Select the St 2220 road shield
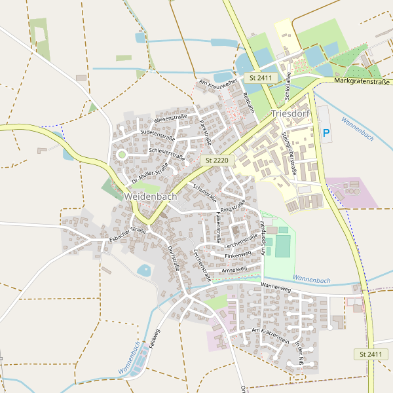coord(215,160)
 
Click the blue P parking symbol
coord(326,133)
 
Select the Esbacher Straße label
coord(128,234)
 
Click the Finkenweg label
coord(238,254)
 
